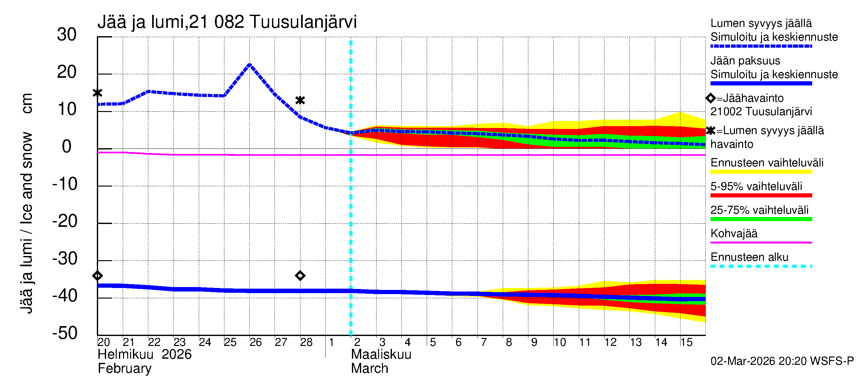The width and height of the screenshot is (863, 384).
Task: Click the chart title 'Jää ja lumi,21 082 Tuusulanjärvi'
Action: coord(227,22)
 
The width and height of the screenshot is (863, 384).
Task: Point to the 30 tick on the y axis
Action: coord(67,35)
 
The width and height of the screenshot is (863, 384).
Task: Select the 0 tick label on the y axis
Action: coord(67,147)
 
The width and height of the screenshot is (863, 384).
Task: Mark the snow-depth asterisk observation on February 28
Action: coord(300,100)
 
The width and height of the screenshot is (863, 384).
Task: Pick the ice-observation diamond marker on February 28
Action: coord(300,276)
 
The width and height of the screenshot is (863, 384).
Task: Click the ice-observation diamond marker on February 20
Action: coord(97,276)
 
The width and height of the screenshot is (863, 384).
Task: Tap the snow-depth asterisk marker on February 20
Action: coord(97,93)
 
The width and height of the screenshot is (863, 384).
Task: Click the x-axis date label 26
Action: coord(255,342)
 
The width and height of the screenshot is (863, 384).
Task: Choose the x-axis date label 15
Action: coord(686,342)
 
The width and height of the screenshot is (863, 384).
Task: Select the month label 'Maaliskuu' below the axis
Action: coord(381,355)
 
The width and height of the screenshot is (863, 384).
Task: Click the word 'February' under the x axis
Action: coord(124,369)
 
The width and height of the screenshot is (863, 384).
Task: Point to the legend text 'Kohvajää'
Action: coord(734,233)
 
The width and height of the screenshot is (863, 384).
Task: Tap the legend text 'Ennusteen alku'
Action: coord(750,257)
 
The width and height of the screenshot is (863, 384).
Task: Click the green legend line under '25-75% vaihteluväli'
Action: coord(761,219)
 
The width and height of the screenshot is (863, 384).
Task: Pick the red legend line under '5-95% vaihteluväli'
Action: coord(761,196)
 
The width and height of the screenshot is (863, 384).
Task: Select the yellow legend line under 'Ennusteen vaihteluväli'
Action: coord(761,172)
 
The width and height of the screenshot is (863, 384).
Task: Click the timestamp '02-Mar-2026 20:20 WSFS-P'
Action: coord(782,361)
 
